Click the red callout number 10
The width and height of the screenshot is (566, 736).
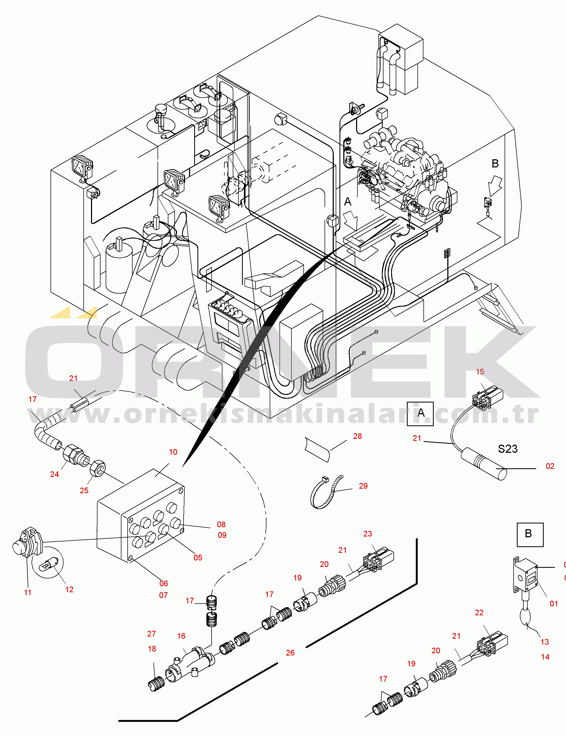click(x=173, y=452)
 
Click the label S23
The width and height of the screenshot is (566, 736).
click(x=507, y=449)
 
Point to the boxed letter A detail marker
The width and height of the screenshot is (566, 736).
click(x=420, y=413)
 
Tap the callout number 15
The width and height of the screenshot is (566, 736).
click(x=480, y=372)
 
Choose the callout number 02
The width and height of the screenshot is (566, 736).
click(x=550, y=466)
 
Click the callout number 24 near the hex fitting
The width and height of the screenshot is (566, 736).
click(x=55, y=474)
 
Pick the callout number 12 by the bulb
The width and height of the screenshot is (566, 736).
click(x=69, y=590)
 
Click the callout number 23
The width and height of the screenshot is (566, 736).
click(x=367, y=534)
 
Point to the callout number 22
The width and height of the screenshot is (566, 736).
click(x=479, y=613)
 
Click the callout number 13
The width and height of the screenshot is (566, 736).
click(x=545, y=642)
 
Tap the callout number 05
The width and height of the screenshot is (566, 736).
click(x=198, y=558)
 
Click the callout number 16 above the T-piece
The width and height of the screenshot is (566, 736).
click(x=181, y=636)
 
